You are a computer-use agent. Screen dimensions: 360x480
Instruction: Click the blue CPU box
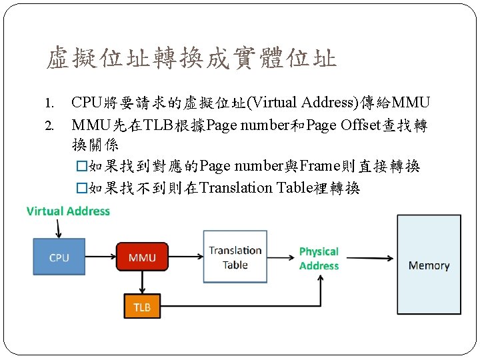(x=59, y=257)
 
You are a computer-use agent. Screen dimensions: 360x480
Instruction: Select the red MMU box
(x=142, y=257)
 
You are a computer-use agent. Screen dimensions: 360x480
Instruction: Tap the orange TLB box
(x=142, y=307)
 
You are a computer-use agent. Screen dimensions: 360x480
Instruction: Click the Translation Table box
(x=235, y=257)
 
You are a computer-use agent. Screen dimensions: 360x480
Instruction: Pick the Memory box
(x=429, y=265)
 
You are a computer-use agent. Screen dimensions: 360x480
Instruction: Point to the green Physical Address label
(x=319, y=259)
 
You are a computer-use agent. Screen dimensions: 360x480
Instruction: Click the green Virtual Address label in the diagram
(x=68, y=211)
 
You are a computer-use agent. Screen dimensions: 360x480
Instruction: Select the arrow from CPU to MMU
(x=101, y=257)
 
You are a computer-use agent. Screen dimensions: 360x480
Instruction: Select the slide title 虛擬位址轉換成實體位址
(x=191, y=59)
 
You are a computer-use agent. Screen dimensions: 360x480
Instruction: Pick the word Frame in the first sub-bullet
(x=321, y=166)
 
